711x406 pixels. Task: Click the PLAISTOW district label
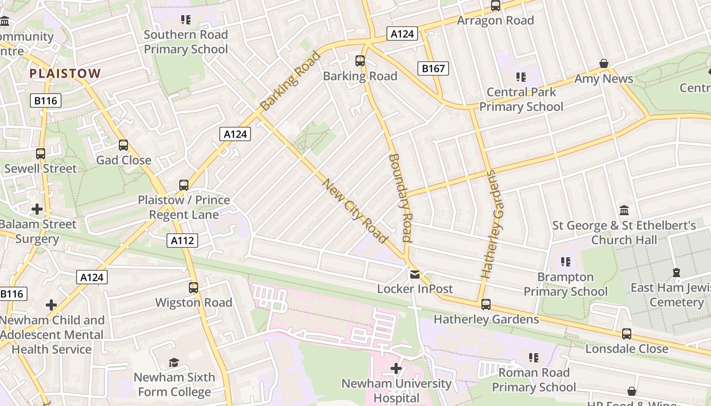click(x=65, y=74)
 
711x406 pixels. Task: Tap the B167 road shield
click(x=433, y=69)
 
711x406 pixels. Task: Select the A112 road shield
click(x=182, y=241)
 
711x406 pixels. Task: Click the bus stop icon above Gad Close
click(x=123, y=146)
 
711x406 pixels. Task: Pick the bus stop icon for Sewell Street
click(x=41, y=154)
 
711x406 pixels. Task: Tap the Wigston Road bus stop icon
click(x=193, y=288)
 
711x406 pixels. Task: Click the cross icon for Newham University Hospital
click(x=396, y=368)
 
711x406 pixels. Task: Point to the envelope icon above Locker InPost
click(x=415, y=275)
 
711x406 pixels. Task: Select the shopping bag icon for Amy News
click(x=604, y=64)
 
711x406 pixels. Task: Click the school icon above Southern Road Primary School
click(x=186, y=20)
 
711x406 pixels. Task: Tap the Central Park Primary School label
click(x=522, y=99)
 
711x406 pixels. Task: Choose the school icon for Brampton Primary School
click(x=566, y=262)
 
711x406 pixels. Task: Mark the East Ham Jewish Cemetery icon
click(x=676, y=273)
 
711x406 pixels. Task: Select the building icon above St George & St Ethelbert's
click(x=624, y=210)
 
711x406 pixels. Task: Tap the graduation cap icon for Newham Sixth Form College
click(x=174, y=362)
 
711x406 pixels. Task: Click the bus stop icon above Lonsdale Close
click(x=627, y=334)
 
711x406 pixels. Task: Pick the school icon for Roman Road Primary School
click(x=534, y=358)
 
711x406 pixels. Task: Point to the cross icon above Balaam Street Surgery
click(x=37, y=209)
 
